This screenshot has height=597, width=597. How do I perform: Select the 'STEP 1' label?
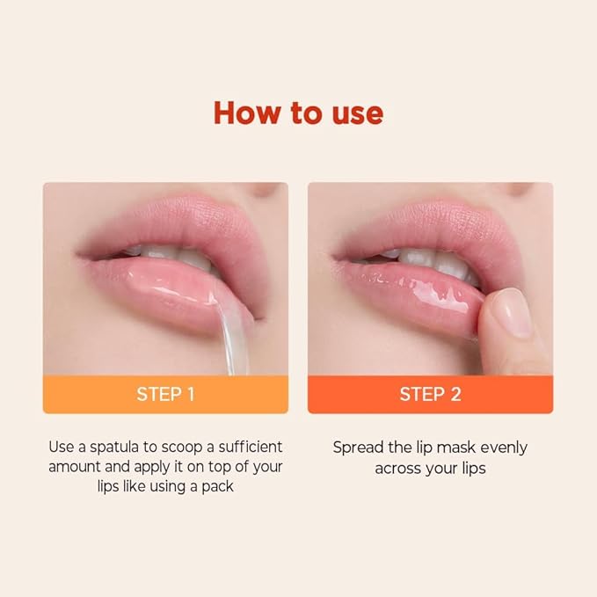point(165,394)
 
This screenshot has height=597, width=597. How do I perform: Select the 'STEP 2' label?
point(430,394)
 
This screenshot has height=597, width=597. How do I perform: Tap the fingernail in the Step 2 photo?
point(510,313)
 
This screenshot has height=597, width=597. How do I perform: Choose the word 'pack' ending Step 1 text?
point(216,485)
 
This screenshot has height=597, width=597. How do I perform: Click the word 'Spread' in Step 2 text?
point(356,447)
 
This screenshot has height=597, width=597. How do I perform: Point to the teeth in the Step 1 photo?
point(176,258)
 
